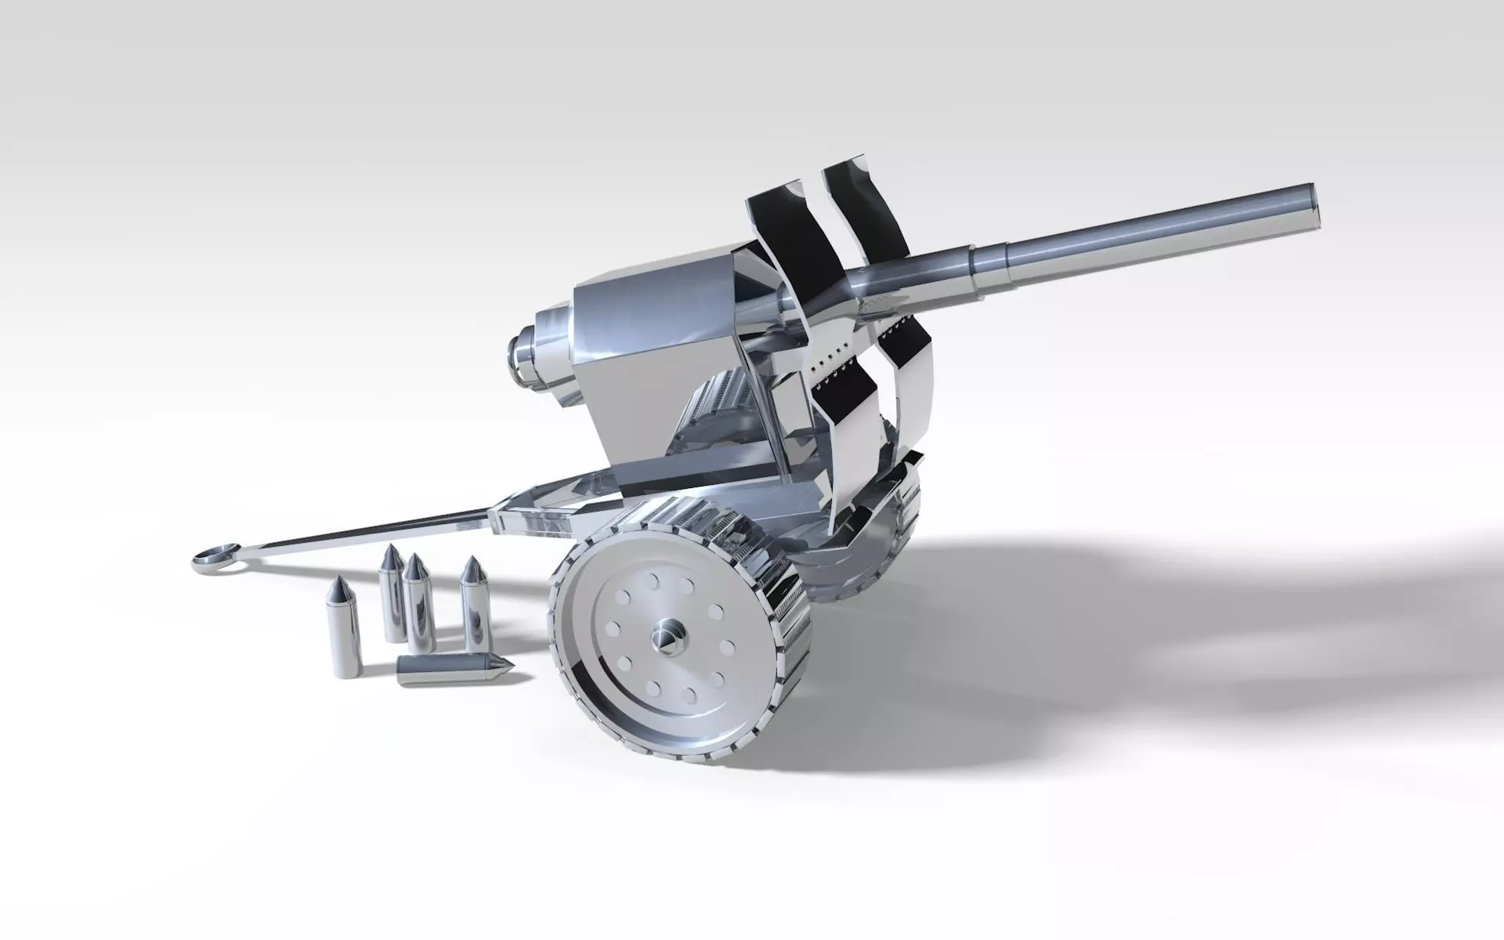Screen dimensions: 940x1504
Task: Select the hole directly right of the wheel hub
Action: (x=725, y=647)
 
